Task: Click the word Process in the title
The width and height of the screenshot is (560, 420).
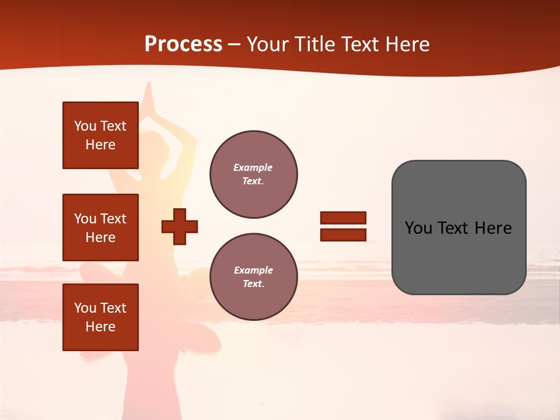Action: pos(183,44)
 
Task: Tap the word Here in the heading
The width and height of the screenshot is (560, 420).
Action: pos(407,44)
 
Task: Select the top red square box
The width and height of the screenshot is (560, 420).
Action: pos(100,135)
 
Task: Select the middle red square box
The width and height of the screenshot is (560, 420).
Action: pos(100,228)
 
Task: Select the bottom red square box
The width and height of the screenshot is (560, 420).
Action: pos(100,317)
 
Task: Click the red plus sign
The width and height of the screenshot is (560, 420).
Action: pos(180,226)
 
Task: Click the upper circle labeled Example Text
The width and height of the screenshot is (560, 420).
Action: pos(253,174)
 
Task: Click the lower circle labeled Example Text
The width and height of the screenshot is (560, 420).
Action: pos(253,276)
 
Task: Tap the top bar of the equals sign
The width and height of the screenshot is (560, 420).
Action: pos(343,218)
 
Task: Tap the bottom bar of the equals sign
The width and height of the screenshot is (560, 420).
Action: pos(343,235)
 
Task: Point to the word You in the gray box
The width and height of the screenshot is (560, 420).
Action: pos(419,228)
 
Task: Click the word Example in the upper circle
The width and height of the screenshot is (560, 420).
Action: pos(253,167)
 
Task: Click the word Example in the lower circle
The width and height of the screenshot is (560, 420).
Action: pos(253,270)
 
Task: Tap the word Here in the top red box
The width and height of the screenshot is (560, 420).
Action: pos(100,145)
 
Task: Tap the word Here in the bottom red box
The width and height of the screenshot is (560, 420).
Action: pos(100,327)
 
